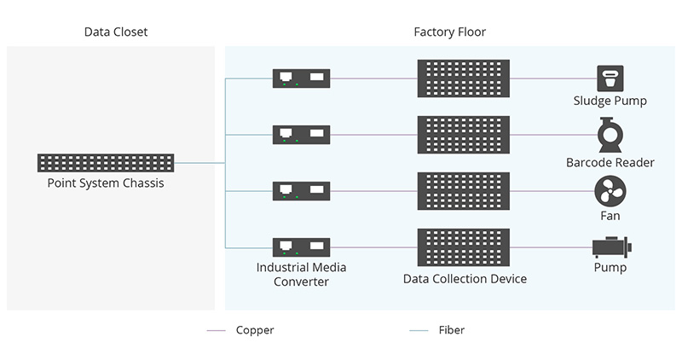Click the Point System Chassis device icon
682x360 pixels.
(x=106, y=163)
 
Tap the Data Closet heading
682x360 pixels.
(x=116, y=32)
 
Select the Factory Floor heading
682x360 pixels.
(x=450, y=32)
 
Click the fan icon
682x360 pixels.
(x=610, y=191)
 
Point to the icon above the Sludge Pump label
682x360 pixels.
(x=610, y=78)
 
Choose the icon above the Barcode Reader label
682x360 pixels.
(x=610, y=135)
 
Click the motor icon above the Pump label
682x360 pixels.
(x=612, y=247)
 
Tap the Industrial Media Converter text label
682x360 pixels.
(x=301, y=274)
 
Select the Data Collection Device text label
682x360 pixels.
(x=465, y=279)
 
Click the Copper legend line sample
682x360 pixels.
(x=217, y=331)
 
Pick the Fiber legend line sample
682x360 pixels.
(x=419, y=331)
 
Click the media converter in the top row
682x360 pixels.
(x=302, y=78)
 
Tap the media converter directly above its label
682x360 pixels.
(x=302, y=247)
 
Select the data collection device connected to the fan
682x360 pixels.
(x=464, y=191)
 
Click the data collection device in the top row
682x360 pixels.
(x=464, y=78)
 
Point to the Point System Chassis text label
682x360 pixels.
(x=106, y=183)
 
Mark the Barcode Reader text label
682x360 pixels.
(x=610, y=162)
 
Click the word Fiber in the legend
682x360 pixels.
(x=452, y=330)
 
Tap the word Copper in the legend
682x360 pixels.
(x=255, y=330)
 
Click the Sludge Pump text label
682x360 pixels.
(x=610, y=101)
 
